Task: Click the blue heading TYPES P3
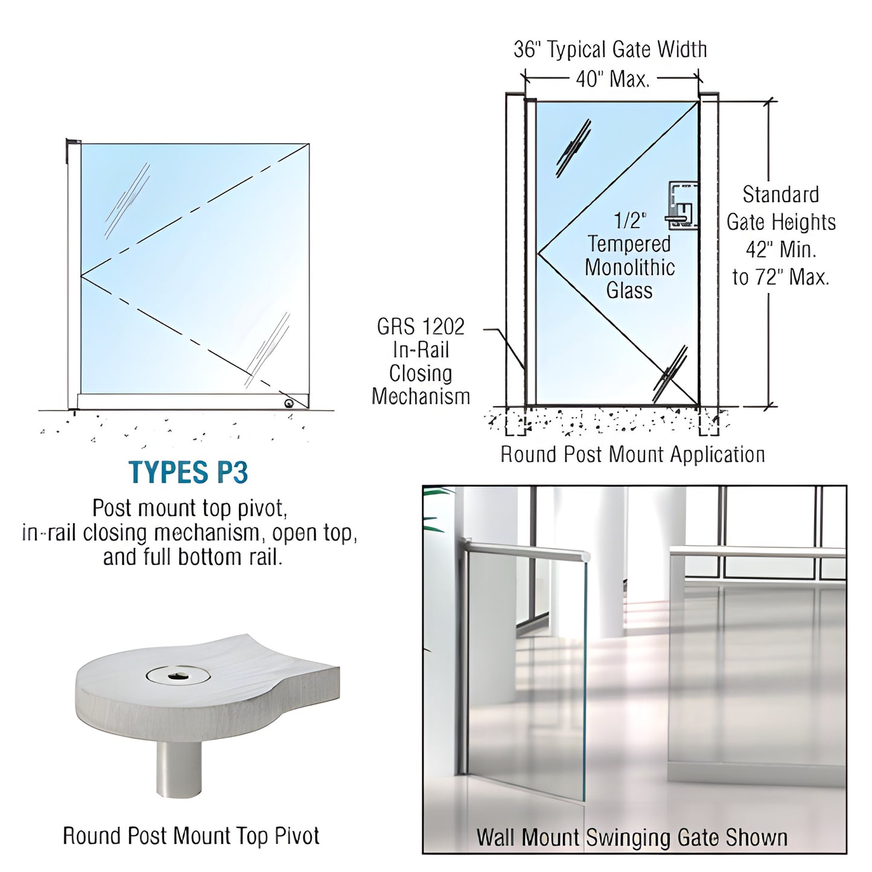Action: click(188, 473)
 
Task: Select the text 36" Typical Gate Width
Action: click(610, 49)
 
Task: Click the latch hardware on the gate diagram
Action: click(682, 205)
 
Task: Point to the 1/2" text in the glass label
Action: click(629, 220)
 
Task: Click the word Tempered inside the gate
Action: click(629, 244)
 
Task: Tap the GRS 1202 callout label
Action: click(421, 326)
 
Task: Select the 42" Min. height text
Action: click(781, 249)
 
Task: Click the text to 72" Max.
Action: click(781, 277)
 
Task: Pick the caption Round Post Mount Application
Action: click(632, 454)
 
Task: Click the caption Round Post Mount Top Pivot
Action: click(191, 836)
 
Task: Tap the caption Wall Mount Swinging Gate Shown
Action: click(632, 838)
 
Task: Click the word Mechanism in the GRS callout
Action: click(421, 396)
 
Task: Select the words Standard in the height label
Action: click(781, 195)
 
